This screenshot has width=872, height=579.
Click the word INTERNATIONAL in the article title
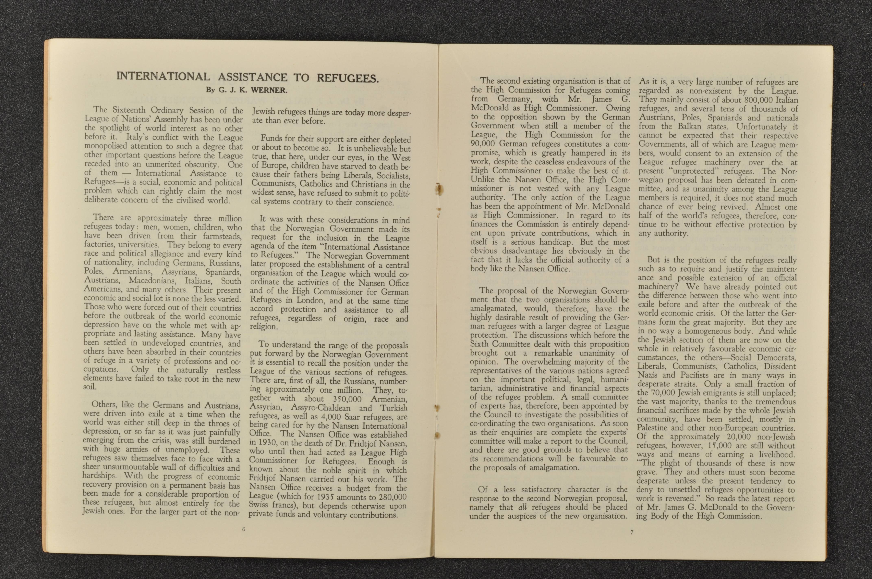point(163,76)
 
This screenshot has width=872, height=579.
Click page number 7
point(632,532)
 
